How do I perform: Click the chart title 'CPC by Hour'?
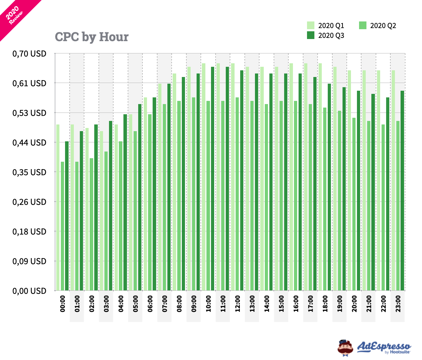(92, 37)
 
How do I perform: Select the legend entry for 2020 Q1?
(325, 26)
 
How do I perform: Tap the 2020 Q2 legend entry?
(377, 26)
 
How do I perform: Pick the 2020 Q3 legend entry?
(325, 36)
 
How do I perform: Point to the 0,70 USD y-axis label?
(30, 54)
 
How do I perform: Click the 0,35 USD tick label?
(30, 172)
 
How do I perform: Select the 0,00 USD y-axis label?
(30, 291)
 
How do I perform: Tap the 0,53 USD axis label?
(30, 113)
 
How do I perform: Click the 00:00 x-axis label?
(63, 304)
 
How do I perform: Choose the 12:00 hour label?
(237, 304)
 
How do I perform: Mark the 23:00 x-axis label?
(398, 304)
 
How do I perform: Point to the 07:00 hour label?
(165, 304)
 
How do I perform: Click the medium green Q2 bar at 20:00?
(354, 204)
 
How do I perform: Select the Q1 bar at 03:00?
(102, 211)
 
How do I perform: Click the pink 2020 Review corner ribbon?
(14, 14)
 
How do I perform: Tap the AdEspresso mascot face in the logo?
(345, 348)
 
